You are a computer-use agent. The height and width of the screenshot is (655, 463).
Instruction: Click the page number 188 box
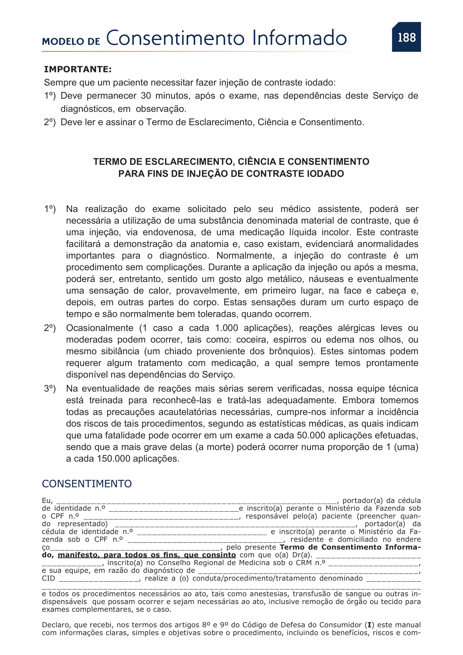(x=406, y=37)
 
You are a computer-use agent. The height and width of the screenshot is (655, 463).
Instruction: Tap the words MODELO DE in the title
(x=71, y=41)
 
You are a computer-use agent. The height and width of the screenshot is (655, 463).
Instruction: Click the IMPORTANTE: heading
(x=78, y=69)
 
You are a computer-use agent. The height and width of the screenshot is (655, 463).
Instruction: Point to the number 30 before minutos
(x=146, y=96)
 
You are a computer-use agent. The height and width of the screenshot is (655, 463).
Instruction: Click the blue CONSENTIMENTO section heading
(x=87, y=484)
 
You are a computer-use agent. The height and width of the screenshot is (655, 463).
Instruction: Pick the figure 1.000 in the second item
(x=226, y=328)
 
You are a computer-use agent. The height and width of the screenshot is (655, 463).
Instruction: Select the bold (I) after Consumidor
(x=369, y=625)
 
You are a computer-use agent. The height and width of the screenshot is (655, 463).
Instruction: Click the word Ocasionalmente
(x=99, y=328)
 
